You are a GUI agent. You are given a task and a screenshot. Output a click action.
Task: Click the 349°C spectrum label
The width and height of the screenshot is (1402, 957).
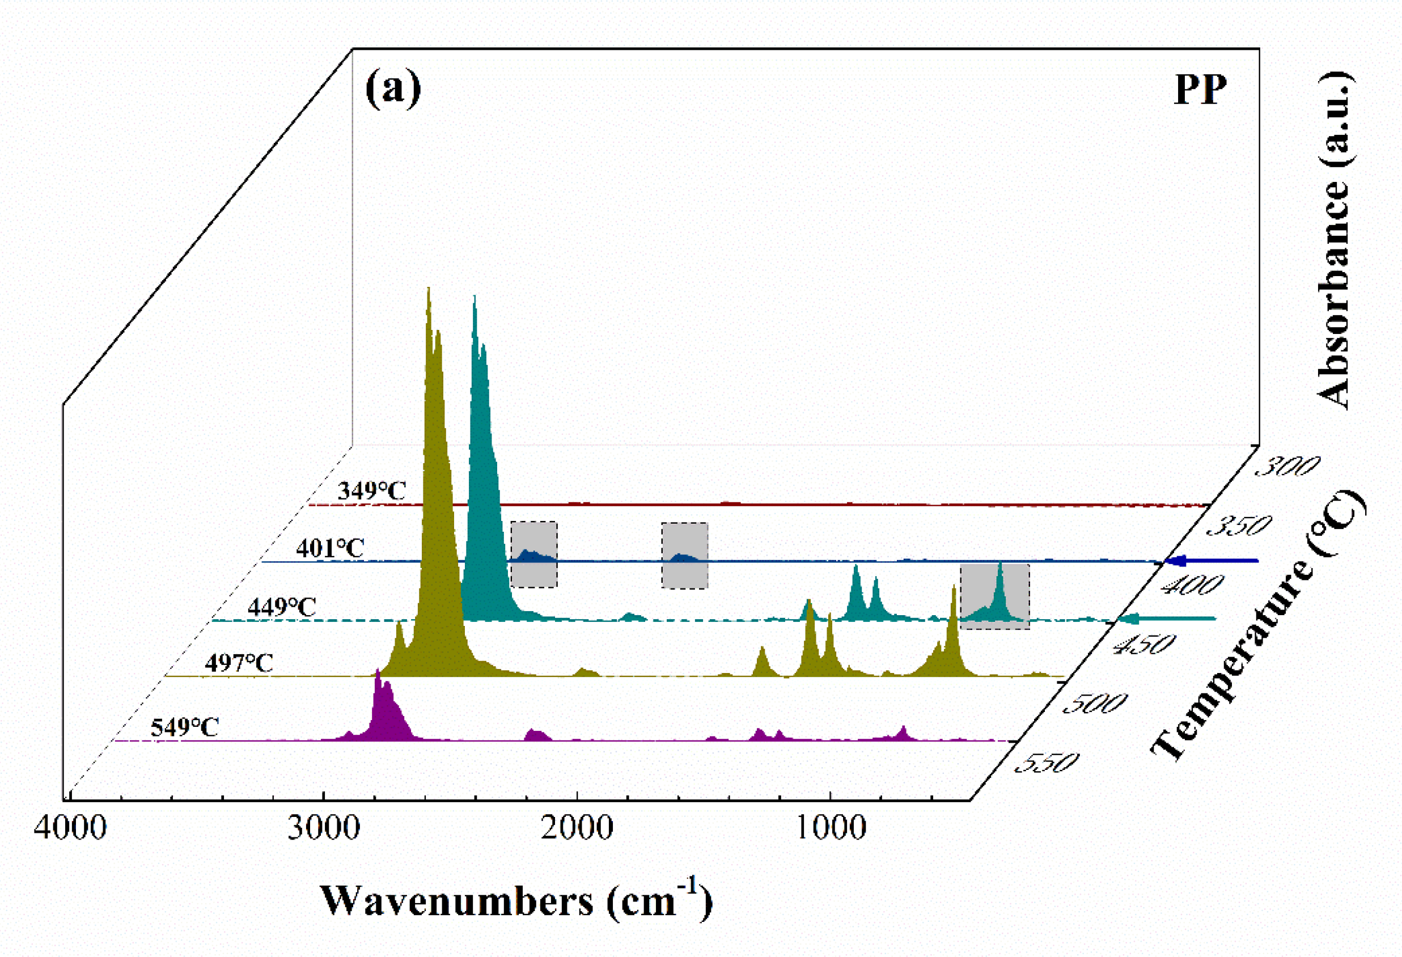(x=371, y=490)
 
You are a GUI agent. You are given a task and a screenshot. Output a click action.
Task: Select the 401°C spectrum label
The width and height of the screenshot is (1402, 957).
(x=330, y=548)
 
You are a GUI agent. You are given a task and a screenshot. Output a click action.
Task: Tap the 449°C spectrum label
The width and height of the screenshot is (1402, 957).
(x=282, y=607)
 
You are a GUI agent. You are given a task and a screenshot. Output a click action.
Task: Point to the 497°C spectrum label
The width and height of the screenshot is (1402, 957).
(x=239, y=663)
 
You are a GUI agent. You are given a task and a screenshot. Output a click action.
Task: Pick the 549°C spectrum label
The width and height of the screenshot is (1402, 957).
(x=185, y=727)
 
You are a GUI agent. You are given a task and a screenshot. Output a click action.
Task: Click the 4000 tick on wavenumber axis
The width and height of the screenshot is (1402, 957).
(x=70, y=827)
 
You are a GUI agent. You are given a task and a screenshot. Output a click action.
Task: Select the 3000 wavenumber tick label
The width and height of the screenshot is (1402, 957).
(x=324, y=827)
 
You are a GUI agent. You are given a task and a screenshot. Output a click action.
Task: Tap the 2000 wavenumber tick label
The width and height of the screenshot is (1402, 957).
(x=577, y=827)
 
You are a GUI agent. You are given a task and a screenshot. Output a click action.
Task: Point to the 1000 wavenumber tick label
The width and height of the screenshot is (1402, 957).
(x=831, y=827)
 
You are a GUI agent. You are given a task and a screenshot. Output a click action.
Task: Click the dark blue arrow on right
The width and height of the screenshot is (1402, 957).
(x=1213, y=561)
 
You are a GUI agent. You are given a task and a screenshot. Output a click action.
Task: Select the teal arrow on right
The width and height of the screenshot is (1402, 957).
(x=1167, y=619)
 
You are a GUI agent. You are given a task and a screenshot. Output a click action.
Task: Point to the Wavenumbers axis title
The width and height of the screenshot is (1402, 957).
(x=516, y=901)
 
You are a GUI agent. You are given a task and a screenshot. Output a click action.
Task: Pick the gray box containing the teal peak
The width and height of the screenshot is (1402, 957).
(x=995, y=597)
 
